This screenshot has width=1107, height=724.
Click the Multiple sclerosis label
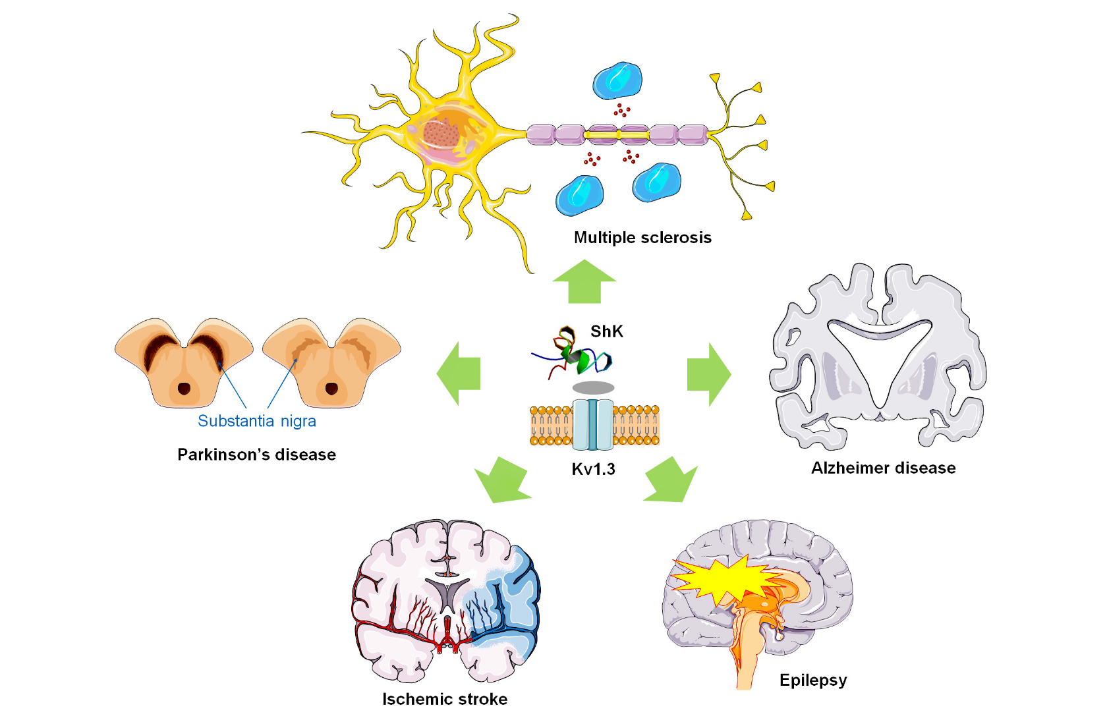click(642, 238)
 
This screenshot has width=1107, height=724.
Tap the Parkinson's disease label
click(256, 455)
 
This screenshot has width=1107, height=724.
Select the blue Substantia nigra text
click(256, 421)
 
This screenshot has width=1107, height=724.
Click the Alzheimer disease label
click(883, 468)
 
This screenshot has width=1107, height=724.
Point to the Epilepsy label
click(812, 680)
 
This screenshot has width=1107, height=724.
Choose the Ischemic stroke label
click(445, 699)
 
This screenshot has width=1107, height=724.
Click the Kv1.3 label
click(593, 469)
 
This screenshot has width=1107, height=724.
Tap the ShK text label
click(606, 331)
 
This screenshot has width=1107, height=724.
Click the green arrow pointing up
click(584, 282)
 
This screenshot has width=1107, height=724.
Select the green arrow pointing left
click(459, 373)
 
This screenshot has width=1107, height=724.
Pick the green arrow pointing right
click(708, 374)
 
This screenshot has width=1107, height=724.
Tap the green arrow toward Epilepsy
click(671, 480)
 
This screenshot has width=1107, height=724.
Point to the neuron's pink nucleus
click(440, 134)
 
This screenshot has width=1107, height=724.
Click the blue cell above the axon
click(617, 80)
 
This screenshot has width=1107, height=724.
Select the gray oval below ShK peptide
click(593, 387)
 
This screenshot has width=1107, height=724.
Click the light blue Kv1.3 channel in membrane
click(593, 425)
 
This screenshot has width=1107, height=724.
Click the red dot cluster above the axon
click(621, 110)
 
